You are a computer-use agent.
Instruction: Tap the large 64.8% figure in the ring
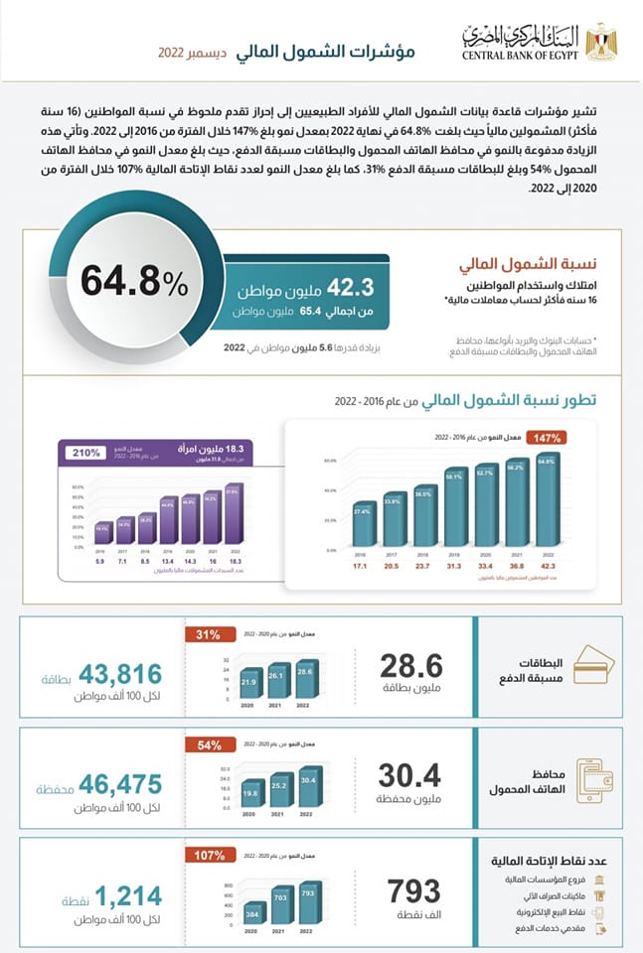(x=133, y=282)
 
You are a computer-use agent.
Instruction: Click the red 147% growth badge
(x=549, y=437)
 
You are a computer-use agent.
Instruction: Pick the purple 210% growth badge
(x=86, y=453)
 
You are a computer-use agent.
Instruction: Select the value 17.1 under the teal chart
(x=362, y=565)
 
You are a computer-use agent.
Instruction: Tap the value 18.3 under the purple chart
(x=233, y=561)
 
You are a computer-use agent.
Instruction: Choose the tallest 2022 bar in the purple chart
(x=233, y=514)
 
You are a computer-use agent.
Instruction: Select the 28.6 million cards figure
(x=410, y=667)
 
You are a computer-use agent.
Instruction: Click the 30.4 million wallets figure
(x=409, y=776)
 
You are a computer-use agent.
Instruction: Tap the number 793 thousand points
(x=413, y=889)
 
